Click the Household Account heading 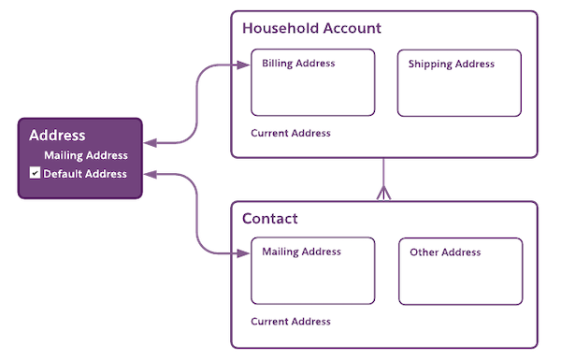[x=311, y=28]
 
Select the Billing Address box [x=313, y=83]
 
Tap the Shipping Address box [x=458, y=83]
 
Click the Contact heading [x=270, y=219]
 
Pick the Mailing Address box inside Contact [x=313, y=270]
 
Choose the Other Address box [x=459, y=271]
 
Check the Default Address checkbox [x=35, y=174]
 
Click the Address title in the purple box [x=57, y=136]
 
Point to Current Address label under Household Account [x=291, y=134]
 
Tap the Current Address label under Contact [x=291, y=322]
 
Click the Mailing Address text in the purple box [x=86, y=155]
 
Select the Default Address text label [x=85, y=174]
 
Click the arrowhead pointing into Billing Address [x=245, y=65]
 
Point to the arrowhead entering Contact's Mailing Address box [x=245, y=252]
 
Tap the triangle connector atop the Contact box [x=383, y=194]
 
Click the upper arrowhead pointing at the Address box [x=151, y=143]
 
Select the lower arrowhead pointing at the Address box [x=151, y=173]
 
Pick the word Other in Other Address [x=425, y=252]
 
